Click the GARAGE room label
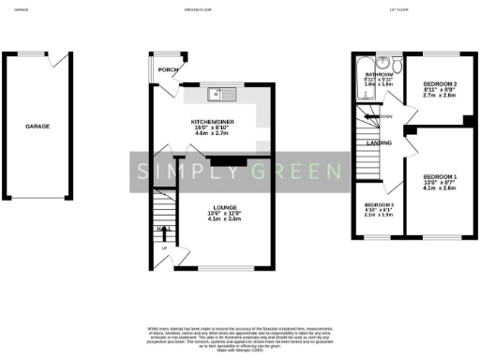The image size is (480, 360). tap(37, 125)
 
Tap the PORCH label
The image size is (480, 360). tap(168, 69)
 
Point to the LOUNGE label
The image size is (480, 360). tap(223, 207)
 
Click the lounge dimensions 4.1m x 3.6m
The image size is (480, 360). tap(223, 219)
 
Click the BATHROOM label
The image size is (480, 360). tap(379, 73)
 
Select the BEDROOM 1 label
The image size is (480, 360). tap(439, 176)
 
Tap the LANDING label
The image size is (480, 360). tap(379, 142)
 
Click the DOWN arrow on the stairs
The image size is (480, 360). tap(386, 116)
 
